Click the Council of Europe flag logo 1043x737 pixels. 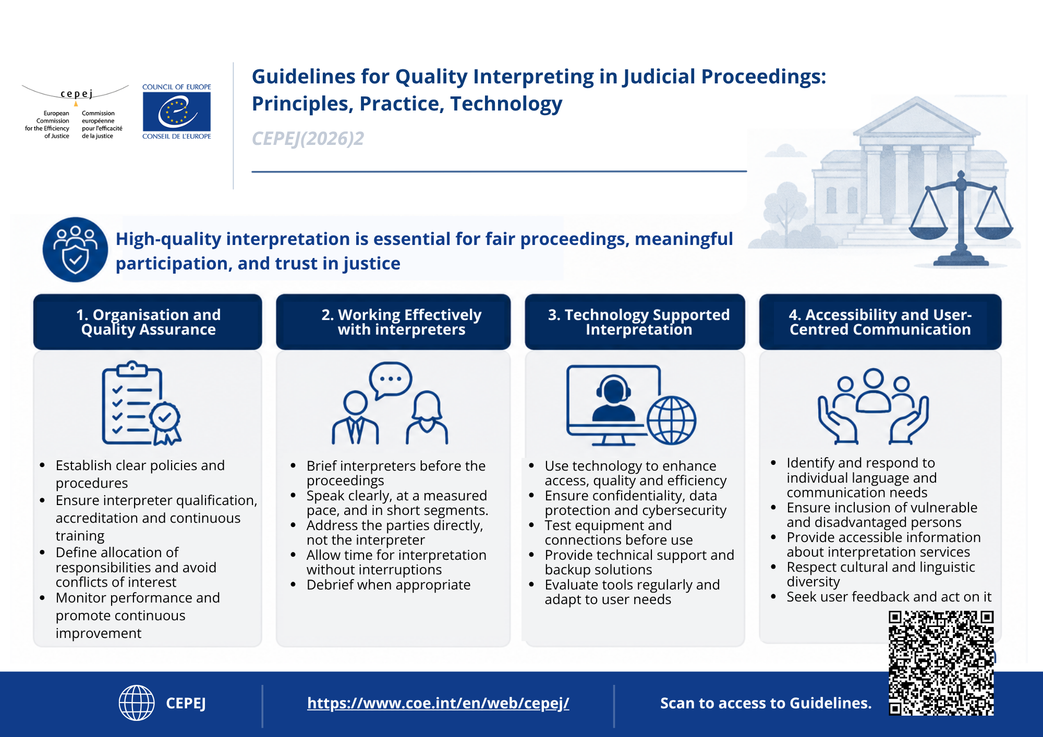(x=177, y=112)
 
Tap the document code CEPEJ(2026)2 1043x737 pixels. (x=308, y=139)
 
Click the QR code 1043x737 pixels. (x=941, y=663)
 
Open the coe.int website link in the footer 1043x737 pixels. (x=438, y=703)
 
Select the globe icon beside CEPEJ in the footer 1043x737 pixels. (x=137, y=703)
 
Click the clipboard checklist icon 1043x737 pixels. (x=141, y=403)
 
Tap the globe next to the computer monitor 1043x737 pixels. (x=672, y=420)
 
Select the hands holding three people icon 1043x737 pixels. (x=874, y=406)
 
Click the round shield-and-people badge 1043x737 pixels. (x=75, y=250)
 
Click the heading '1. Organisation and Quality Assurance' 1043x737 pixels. (x=149, y=322)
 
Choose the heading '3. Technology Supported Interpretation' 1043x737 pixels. (x=639, y=322)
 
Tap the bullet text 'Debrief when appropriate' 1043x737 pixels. (x=389, y=585)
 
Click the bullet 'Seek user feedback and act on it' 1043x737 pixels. (x=889, y=597)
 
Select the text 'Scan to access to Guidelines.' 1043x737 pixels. (x=766, y=703)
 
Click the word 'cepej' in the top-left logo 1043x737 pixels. (x=77, y=94)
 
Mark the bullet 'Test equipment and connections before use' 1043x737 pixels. (x=619, y=533)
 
